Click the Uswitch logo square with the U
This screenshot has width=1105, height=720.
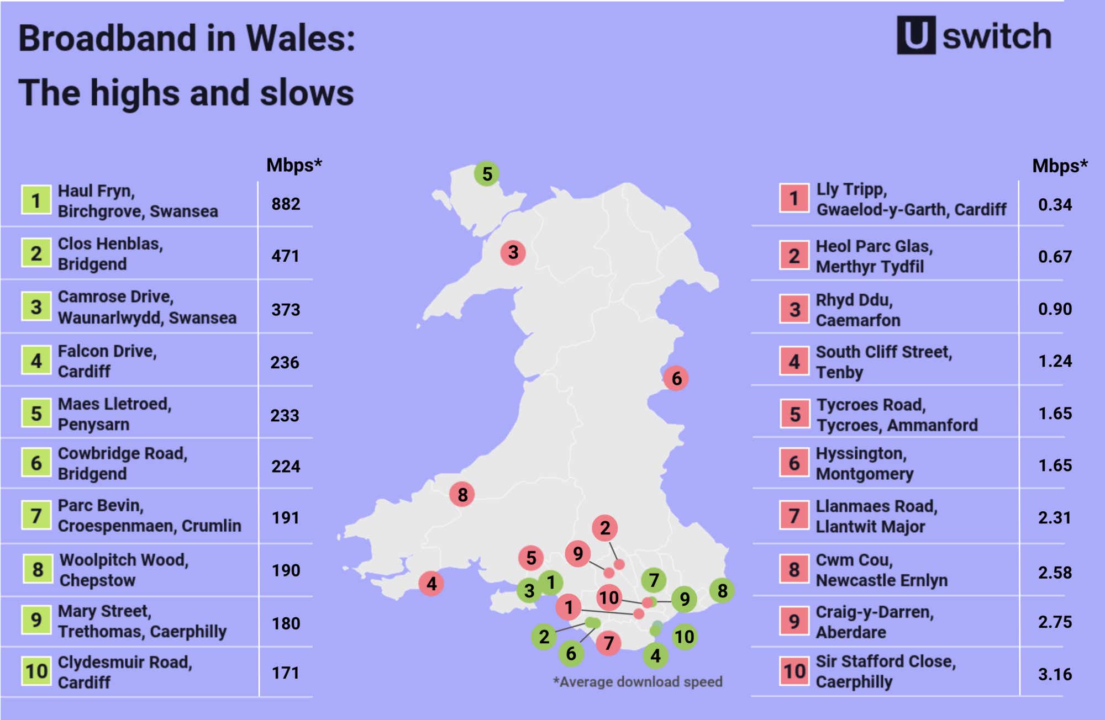point(915,35)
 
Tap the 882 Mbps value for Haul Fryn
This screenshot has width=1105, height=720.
point(286,204)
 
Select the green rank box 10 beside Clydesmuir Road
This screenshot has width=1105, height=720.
point(36,671)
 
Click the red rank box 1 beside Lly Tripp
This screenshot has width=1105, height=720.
point(794,198)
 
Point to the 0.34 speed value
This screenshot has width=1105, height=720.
point(1054,205)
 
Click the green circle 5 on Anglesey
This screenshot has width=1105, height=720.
point(487,174)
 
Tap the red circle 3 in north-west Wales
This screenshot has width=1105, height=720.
point(513,252)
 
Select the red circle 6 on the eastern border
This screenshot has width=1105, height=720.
point(676,378)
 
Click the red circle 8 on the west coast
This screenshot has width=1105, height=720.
point(462,494)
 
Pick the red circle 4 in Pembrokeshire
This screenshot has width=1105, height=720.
point(432,584)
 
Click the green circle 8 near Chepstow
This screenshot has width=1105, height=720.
point(722,591)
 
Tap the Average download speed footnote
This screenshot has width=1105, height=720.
point(638,682)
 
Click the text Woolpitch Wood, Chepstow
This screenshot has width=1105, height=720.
point(124,570)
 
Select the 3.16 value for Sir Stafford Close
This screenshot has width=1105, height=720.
point(1054,674)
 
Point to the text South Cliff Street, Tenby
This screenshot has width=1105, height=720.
point(883,362)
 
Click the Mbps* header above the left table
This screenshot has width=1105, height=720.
point(293,165)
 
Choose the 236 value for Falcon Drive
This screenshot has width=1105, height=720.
point(285,363)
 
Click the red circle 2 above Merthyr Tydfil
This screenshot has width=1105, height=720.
point(604,528)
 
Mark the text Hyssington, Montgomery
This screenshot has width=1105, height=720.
point(864,463)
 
